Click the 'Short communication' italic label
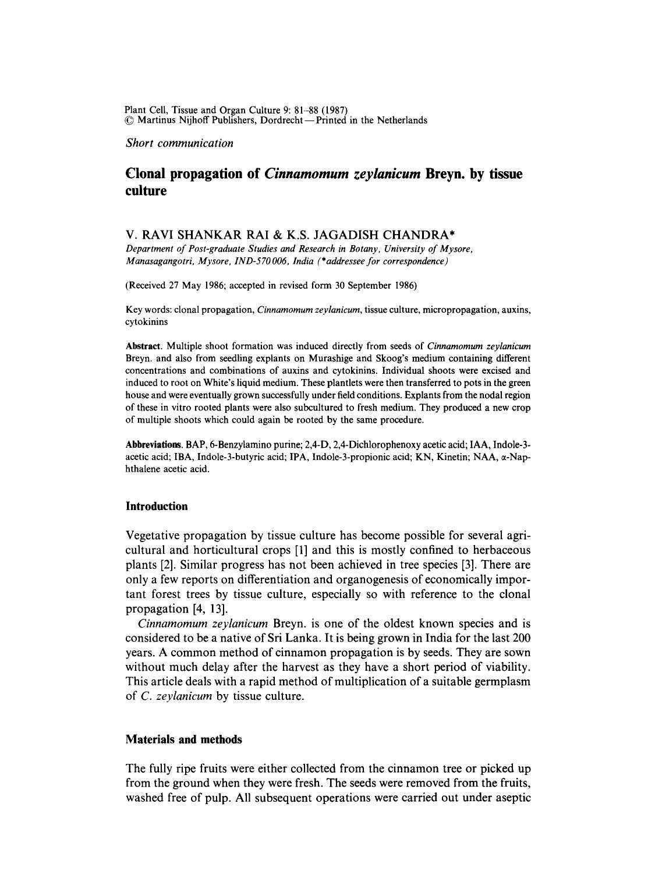pyautogui.click(x=179, y=143)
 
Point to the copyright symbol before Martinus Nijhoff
pyautogui.click(x=129, y=121)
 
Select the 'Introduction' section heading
pyautogui.click(x=157, y=506)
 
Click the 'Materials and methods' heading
pyautogui.click(x=183, y=739)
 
